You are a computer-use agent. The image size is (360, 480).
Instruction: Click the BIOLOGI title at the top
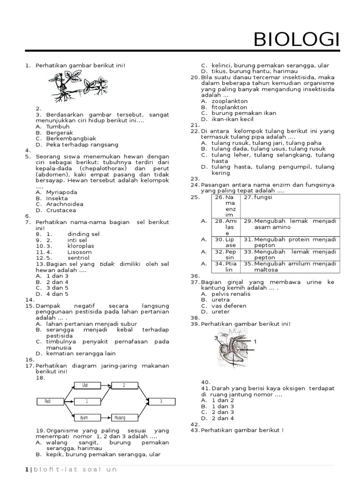[296, 40]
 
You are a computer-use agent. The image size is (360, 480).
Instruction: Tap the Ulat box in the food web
[87, 385]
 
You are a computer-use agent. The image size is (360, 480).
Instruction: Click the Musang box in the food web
[125, 417]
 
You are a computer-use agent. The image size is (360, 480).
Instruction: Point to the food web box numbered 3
[161, 401]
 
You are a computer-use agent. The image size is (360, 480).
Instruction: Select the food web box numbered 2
[125, 385]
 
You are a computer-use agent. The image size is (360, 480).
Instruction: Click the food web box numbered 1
[87, 401]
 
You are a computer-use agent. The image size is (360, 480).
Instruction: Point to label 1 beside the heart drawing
[255, 342]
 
